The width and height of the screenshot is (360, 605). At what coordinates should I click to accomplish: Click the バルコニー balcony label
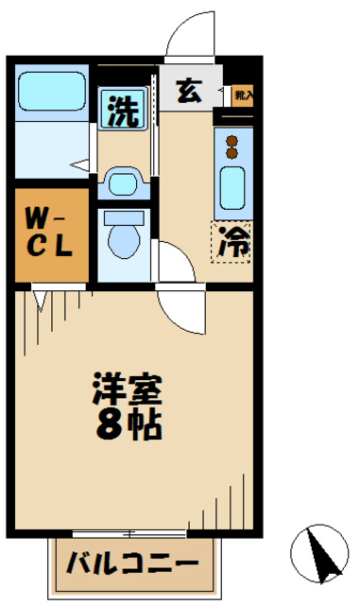coord(133,566)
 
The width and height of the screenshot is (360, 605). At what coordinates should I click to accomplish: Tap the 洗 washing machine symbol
coord(123,112)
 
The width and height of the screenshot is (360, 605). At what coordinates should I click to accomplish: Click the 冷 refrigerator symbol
coord(232,243)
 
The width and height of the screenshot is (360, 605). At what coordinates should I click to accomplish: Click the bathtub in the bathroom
coord(52,89)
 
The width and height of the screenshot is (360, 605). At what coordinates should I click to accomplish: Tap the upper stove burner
coord(232,143)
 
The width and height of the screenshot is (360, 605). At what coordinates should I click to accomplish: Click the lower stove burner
coord(232,156)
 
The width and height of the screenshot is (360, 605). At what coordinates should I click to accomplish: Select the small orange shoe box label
coord(243,95)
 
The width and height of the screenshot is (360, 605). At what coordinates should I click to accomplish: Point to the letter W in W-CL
coord(35,216)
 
